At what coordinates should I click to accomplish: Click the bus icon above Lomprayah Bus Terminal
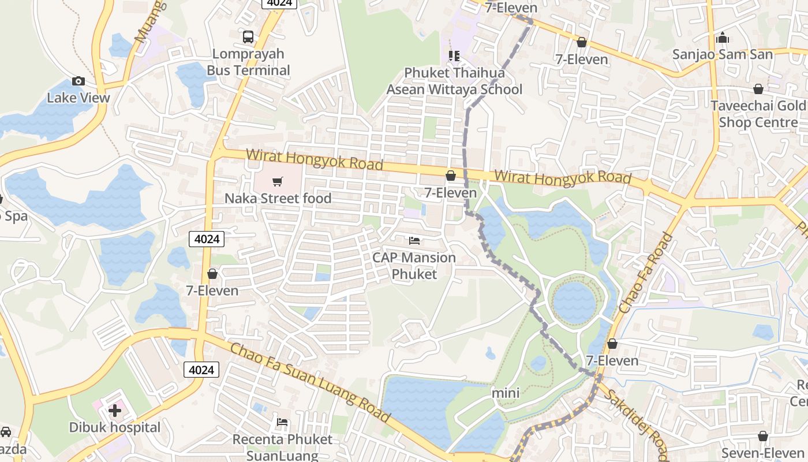(x=248, y=37)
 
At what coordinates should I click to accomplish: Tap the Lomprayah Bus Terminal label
(x=248, y=62)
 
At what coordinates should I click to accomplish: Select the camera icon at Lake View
(x=78, y=81)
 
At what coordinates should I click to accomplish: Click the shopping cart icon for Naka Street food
(x=278, y=182)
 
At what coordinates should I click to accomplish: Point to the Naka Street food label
(x=278, y=199)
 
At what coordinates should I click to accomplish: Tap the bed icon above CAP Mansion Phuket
(x=414, y=241)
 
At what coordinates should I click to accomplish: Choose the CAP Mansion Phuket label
(x=414, y=266)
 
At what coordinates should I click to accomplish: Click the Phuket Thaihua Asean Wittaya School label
(x=454, y=81)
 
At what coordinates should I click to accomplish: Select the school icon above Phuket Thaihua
(x=454, y=56)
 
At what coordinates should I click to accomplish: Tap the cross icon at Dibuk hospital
(x=115, y=411)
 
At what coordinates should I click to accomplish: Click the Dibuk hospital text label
(x=115, y=428)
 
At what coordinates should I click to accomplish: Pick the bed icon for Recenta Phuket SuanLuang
(x=282, y=422)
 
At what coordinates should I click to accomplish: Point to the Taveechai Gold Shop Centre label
(x=758, y=114)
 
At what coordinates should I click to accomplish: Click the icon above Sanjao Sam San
(x=722, y=38)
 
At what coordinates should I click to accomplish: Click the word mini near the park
(x=506, y=393)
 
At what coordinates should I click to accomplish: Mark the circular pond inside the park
(x=574, y=301)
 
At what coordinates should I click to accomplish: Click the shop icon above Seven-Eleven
(x=763, y=436)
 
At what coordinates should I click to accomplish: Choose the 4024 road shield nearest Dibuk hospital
(x=201, y=370)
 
